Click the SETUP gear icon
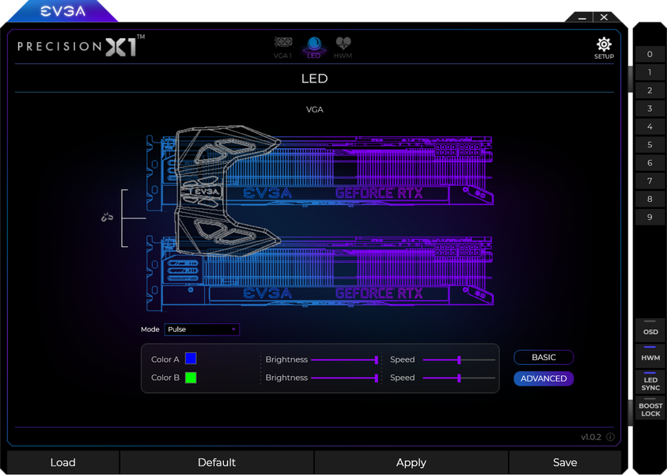tap(604, 44)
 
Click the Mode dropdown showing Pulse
tap(202, 329)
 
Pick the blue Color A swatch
tap(191, 359)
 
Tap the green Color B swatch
tap(191, 378)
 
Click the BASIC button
tap(544, 358)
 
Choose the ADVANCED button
tap(544, 378)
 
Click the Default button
tap(217, 462)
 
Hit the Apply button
tap(411, 462)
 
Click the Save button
tap(565, 462)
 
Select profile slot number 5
tap(650, 145)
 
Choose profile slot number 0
tap(650, 54)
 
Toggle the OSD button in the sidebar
tap(650, 331)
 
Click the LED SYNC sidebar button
tap(650, 382)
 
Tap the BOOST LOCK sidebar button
tap(650, 408)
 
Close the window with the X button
tap(604, 17)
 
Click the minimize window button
tap(582, 18)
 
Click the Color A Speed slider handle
tap(459, 359)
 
